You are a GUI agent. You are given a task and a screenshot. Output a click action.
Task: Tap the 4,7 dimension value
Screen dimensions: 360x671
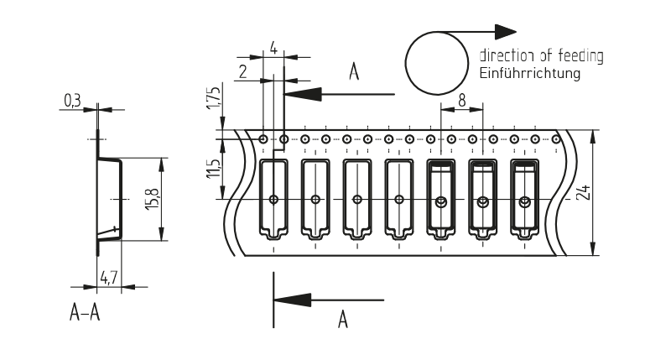[108, 277]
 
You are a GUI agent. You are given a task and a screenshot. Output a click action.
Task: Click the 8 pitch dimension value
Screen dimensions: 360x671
[462, 98]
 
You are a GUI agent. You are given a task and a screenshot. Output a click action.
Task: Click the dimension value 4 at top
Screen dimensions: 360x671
[274, 49]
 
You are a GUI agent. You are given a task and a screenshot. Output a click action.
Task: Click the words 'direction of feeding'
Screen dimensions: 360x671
[541, 56]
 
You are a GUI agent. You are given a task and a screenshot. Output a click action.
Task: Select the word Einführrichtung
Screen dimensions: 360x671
[529, 74]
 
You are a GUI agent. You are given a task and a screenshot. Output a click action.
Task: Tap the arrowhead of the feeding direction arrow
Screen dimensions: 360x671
[505, 31]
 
